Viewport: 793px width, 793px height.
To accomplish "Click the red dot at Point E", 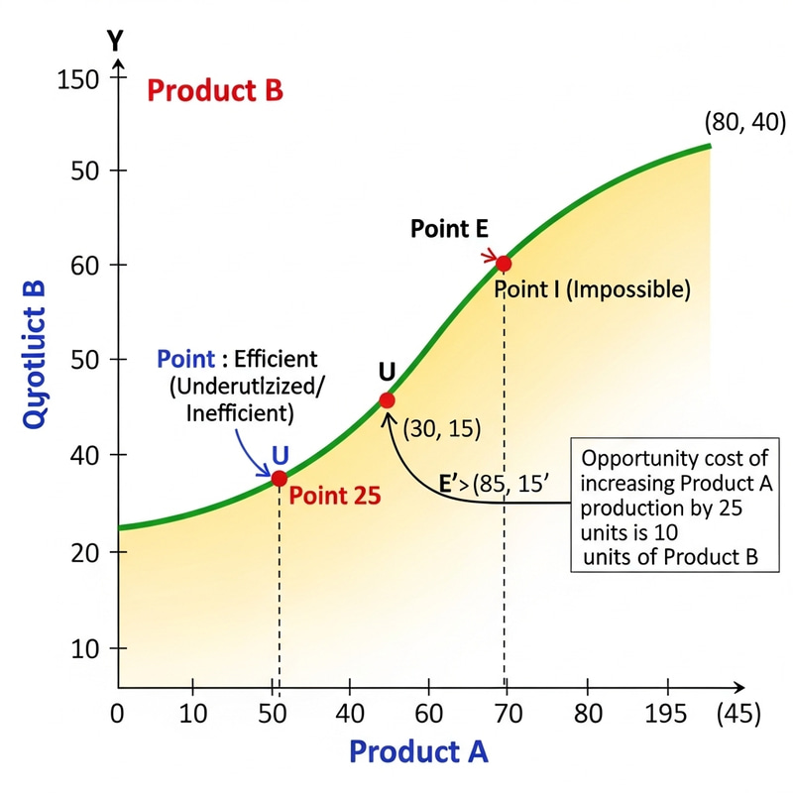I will [504, 263].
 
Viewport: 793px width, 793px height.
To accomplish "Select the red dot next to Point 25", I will [280, 478].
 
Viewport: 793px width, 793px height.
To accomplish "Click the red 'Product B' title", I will [214, 91].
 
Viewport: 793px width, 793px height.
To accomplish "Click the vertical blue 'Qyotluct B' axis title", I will [34, 354].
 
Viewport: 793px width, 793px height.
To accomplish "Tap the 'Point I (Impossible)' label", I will [592, 289].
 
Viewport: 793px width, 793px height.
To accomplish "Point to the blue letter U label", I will [281, 455].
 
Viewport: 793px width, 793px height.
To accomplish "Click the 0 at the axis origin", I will [117, 712].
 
